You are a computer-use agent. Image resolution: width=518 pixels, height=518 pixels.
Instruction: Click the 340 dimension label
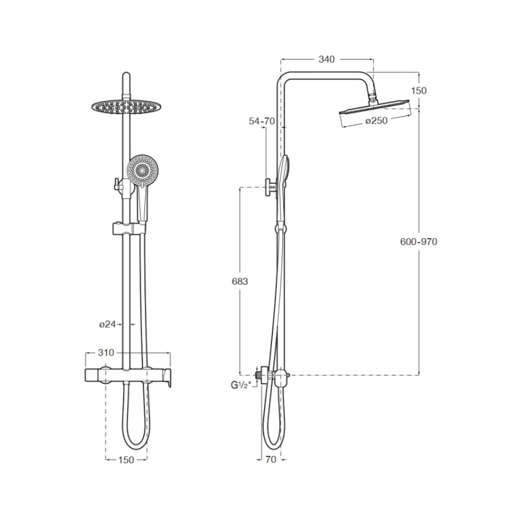pyautogui.click(x=326, y=60)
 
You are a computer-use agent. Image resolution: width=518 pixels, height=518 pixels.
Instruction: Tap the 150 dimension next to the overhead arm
pyautogui.click(x=419, y=91)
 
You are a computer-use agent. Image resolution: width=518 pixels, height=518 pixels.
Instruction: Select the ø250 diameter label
pyautogui.click(x=376, y=121)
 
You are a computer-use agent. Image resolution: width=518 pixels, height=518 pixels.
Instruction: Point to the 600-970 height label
pyautogui.click(x=418, y=242)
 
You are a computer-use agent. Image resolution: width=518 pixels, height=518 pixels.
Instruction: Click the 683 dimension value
pyautogui.click(x=240, y=282)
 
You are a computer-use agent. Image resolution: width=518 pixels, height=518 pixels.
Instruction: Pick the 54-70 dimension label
pyautogui.click(x=262, y=121)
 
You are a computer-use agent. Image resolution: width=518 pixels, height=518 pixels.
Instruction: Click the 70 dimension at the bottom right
pyautogui.click(x=271, y=460)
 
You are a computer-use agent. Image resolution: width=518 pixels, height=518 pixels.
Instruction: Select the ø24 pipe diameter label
pyautogui.click(x=107, y=324)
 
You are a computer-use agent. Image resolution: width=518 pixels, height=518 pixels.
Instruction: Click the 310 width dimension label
pyautogui.click(x=106, y=353)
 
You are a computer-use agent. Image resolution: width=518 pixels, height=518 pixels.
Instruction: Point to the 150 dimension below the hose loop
pyautogui.click(x=126, y=460)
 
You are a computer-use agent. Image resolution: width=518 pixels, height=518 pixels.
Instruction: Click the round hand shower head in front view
pyautogui.click(x=142, y=171)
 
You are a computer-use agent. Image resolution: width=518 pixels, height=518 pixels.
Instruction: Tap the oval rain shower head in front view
pyautogui.click(x=127, y=107)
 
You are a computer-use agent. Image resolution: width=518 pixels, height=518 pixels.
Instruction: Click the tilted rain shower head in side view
pyautogui.click(x=374, y=107)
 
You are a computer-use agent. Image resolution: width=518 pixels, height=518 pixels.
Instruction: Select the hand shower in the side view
pyautogui.click(x=283, y=188)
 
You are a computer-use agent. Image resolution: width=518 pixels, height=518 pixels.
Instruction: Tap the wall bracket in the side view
pyautogui.click(x=272, y=188)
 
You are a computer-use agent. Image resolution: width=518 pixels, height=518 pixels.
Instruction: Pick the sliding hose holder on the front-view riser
pyautogui.click(x=129, y=229)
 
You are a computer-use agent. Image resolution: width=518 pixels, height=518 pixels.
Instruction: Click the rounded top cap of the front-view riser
pyautogui.click(x=126, y=76)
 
